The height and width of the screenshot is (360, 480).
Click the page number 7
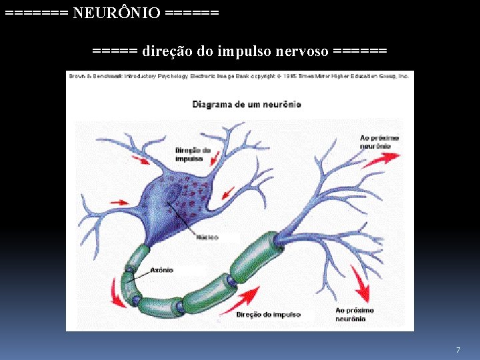(458, 350)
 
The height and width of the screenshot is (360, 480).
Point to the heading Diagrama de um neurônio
(247, 104)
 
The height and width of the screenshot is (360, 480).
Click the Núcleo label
(207, 237)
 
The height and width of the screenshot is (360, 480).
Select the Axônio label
(162, 270)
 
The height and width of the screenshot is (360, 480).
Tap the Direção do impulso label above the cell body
(193, 155)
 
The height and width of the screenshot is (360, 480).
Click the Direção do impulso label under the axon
(269, 314)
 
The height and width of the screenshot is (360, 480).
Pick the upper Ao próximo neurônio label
(379, 141)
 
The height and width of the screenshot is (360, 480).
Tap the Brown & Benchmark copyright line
(239, 76)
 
